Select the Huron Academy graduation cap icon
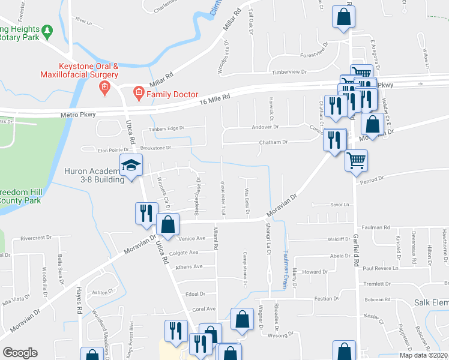(x=131, y=164)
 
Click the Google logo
(x=20, y=352)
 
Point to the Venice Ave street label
(x=192, y=238)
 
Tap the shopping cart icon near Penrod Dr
(x=357, y=161)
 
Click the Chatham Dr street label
(x=273, y=142)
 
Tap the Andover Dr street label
(x=265, y=127)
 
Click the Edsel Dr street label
(x=196, y=294)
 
